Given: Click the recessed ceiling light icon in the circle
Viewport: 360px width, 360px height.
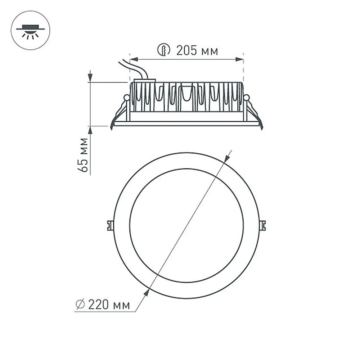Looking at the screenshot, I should (x=30, y=31).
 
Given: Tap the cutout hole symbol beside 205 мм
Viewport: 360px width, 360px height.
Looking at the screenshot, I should (x=164, y=50).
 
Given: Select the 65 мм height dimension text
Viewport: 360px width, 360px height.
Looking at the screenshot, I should (x=84, y=155).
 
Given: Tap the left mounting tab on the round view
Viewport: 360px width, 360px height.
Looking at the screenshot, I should (x=110, y=225).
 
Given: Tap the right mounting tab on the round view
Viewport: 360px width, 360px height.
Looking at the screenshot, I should (x=263, y=225).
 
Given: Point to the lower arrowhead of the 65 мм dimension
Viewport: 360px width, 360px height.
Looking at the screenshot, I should (x=90, y=130).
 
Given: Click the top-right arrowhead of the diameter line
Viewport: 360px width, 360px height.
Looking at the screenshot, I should (x=227, y=158).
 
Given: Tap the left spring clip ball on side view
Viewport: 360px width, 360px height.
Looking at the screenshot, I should (x=126, y=97).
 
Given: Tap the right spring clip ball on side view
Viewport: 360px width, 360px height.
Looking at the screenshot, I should (x=246, y=97).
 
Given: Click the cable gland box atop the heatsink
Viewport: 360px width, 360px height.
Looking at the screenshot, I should (x=145, y=81).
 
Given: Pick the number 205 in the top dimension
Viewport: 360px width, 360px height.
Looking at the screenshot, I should (x=186, y=51).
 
